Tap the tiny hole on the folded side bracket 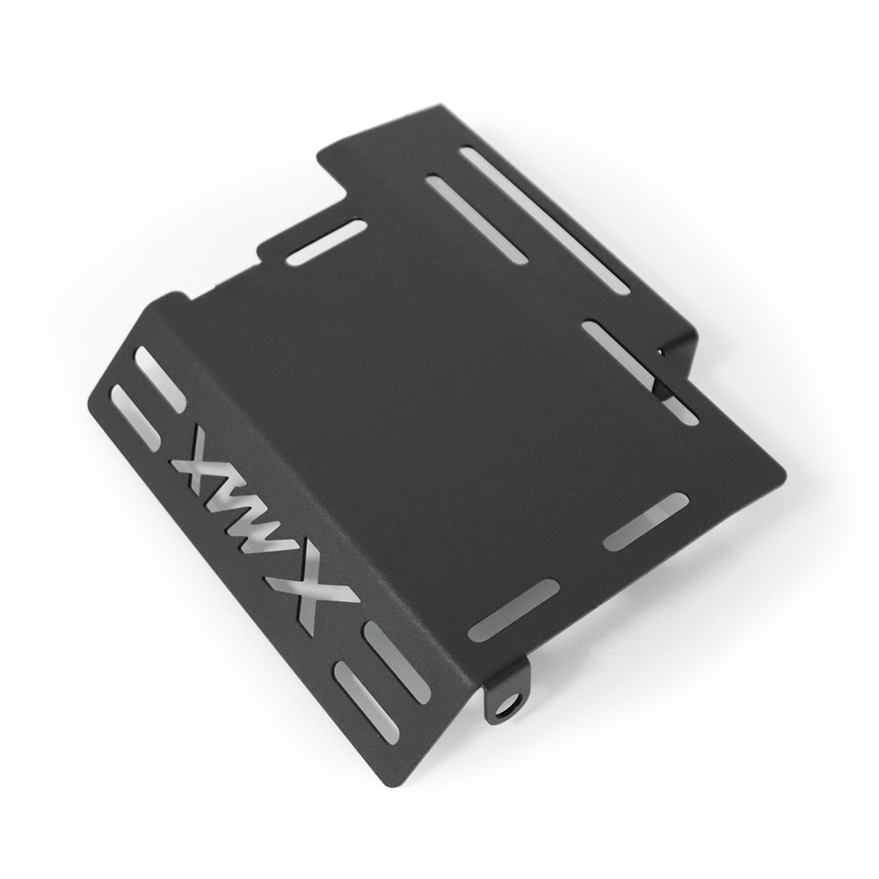(663, 352)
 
